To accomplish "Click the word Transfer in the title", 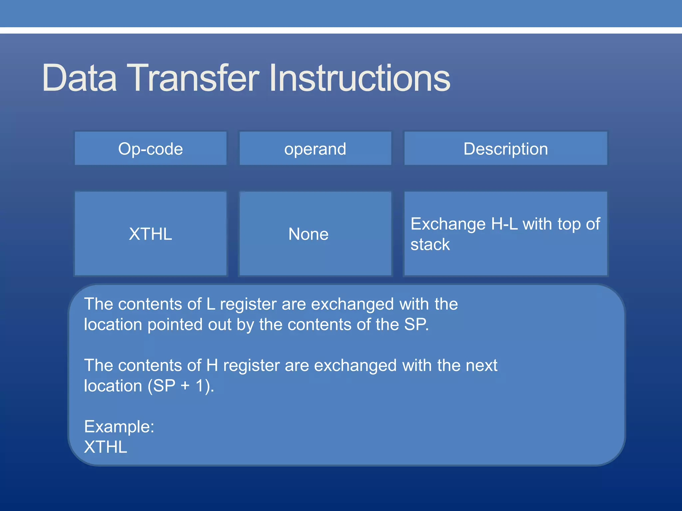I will coord(193,78).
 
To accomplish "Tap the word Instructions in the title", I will coord(360,78).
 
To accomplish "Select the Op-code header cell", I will coord(151,149).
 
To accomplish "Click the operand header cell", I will coord(315,149).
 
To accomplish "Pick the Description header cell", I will coord(506,149).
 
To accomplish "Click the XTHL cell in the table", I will coord(151,234).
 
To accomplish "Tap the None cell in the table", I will coord(308,234).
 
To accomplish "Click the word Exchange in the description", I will coord(448,224).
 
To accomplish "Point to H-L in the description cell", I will coord(504,224).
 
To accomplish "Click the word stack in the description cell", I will coord(430,245).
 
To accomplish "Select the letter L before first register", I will coord(211,304).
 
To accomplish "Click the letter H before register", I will coord(212,365).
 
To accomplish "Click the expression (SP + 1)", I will coord(180,386).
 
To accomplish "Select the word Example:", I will coord(119,426).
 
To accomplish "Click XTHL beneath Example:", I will coord(106,447).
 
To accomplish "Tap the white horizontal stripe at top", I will coord(341,30).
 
